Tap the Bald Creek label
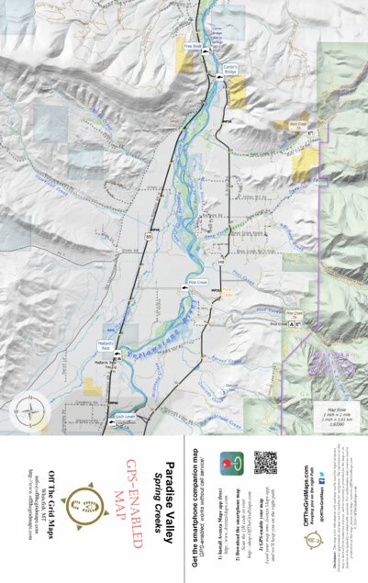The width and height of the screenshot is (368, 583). (x=296, y=124)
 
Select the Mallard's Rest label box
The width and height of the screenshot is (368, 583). (x=105, y=347)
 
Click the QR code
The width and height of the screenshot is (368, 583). (x=266, y=463)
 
